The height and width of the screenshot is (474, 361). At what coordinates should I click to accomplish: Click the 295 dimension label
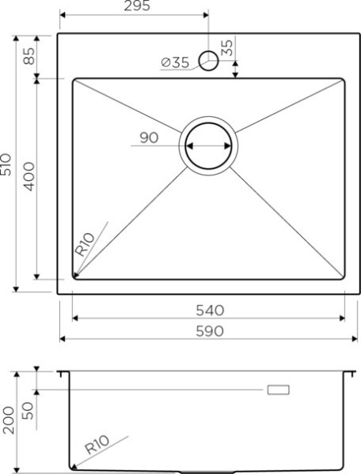(x=134, y=6)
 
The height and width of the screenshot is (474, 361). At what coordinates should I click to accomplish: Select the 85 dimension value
(x=28, y=57)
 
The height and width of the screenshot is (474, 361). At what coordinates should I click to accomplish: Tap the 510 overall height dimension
(x=8, y=165)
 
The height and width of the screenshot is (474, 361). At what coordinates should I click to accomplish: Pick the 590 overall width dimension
(x=209, y=330)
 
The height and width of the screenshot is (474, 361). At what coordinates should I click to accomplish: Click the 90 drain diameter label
(x=148, y=138)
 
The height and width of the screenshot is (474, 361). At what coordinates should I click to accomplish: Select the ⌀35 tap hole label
(x=174, y=62)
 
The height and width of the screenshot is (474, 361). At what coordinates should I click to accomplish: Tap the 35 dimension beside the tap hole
(x=228, y=48)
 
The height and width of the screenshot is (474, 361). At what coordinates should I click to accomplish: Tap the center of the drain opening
(x=210, y=147)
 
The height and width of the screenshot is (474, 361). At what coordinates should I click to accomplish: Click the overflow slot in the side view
(x=278, y=390)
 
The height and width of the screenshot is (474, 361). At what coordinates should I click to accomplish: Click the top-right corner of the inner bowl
(x=344, y=79)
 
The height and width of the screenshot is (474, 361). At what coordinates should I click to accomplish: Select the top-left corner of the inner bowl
(x=75, y=79)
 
